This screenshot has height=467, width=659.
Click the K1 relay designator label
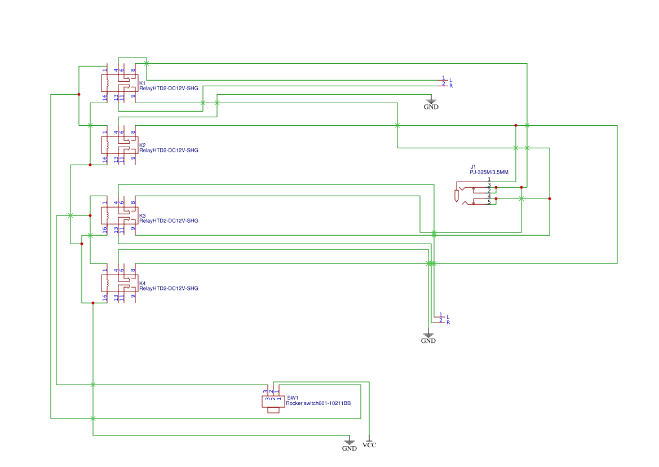(142, 83)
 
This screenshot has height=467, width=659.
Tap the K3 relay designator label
(142, 215)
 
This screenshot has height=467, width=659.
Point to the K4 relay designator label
(142, 283)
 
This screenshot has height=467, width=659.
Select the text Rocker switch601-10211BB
(318, 403)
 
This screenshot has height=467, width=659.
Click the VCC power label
(369, 445)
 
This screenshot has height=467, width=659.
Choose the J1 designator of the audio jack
(472, 166)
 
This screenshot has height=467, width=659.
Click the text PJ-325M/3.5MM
(489, 172)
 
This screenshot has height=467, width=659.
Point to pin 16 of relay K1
(105, 97)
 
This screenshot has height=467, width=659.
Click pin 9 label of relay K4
(133, 296)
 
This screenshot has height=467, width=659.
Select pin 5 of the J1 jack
(489, 202)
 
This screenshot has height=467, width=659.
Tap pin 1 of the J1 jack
(489, 179)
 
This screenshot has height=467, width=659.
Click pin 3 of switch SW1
(266, 391)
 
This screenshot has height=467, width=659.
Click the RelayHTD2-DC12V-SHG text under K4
(169, 288)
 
